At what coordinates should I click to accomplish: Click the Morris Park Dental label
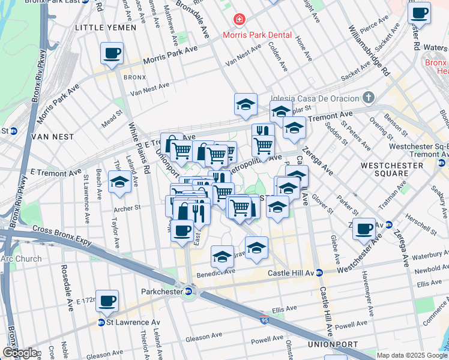pos(257,35)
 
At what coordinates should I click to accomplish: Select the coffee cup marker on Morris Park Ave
pos(112,53)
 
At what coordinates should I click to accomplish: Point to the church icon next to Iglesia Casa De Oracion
pos(368,97)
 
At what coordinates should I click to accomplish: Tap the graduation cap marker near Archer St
pos(119,182)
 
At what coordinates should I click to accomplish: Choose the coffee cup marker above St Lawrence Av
pos(107,301)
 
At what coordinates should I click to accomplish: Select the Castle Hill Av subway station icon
pos(320,272)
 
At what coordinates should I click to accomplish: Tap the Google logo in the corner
pos(19,353)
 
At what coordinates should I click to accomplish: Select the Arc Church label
pos(22,259)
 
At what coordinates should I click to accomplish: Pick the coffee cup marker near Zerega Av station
pos(364,229)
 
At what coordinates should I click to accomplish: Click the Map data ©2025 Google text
pos(412,355)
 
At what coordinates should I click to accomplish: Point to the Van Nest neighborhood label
pos(55,137)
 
